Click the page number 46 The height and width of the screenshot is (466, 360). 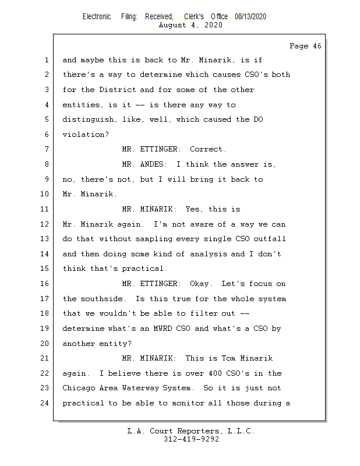(x=316, y=46)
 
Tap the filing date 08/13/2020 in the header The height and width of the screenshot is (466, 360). (x=250, y=17)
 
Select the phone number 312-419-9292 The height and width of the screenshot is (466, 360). (x=191, y=439)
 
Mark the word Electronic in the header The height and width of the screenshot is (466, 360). (x=97, y=17)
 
